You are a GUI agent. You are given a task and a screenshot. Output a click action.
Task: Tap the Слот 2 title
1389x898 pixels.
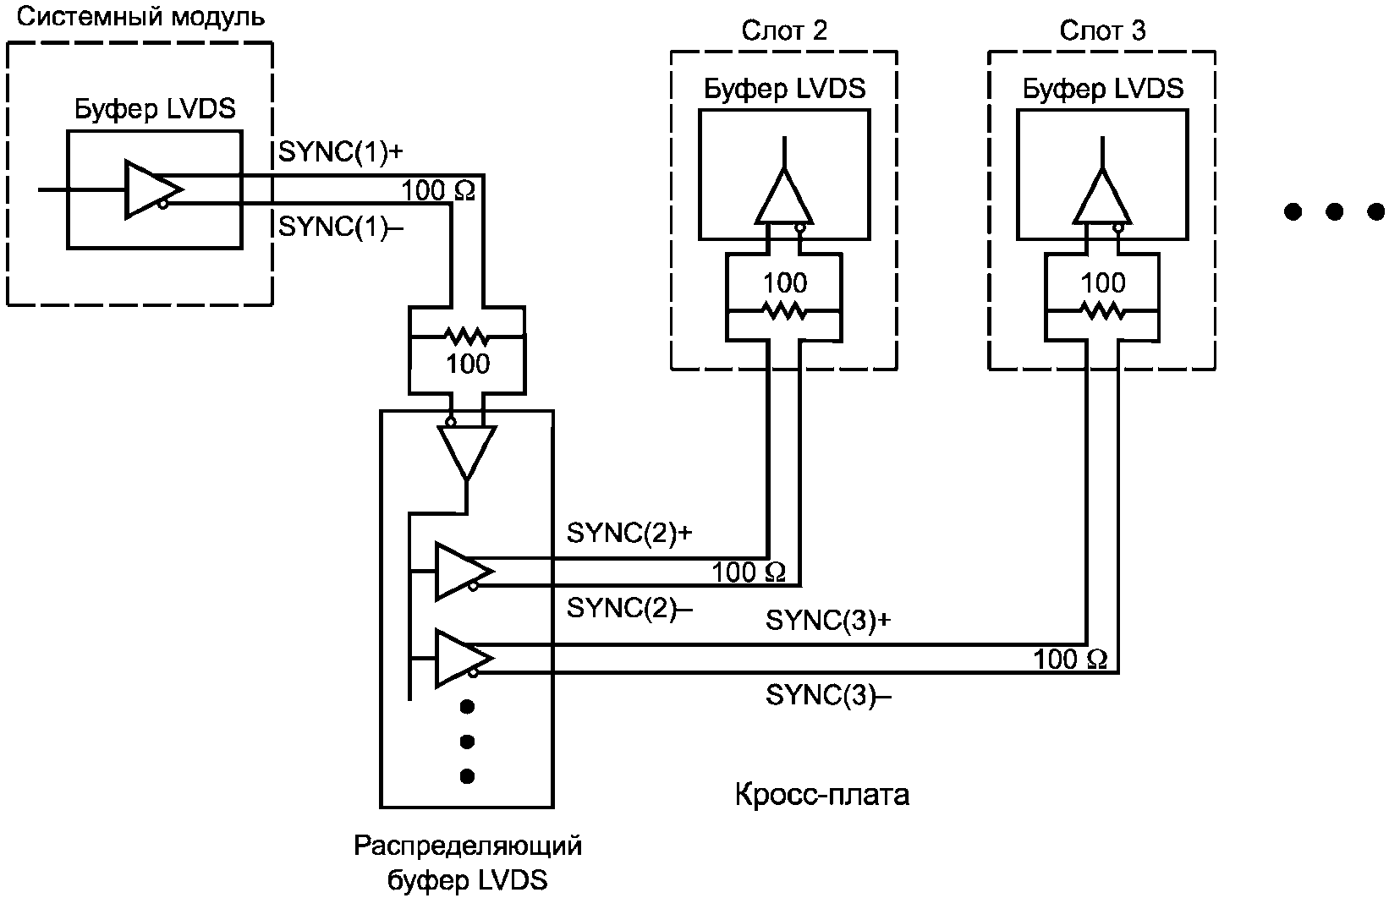click(783, 31)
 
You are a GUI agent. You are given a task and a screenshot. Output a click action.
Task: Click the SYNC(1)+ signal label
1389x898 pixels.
click(341, 152)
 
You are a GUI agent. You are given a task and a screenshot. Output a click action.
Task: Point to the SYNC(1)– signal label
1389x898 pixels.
click(341, 227)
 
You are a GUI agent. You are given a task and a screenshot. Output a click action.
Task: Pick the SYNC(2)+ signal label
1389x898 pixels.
click(629, 533)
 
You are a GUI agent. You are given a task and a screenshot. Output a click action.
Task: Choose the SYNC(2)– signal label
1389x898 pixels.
click(629, 607)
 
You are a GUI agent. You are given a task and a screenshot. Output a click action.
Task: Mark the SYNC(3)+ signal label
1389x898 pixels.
click(828, 620)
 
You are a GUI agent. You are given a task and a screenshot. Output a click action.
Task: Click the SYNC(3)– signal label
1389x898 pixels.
click(828, 695)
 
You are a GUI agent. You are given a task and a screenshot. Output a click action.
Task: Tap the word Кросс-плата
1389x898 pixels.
click(821, 795)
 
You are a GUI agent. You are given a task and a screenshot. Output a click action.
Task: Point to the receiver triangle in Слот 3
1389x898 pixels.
click(1101, 197)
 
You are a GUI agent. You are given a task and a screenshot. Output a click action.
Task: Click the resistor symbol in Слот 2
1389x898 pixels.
click(784, 311)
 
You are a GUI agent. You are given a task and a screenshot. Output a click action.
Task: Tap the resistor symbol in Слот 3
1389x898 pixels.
click(1102, 311)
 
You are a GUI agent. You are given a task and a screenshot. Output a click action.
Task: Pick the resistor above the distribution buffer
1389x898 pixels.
click(467, 337)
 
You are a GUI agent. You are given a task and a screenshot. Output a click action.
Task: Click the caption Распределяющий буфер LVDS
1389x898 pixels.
click(467, 862)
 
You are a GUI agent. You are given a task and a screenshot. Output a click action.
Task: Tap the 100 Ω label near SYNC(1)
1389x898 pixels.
click(438, 191)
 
